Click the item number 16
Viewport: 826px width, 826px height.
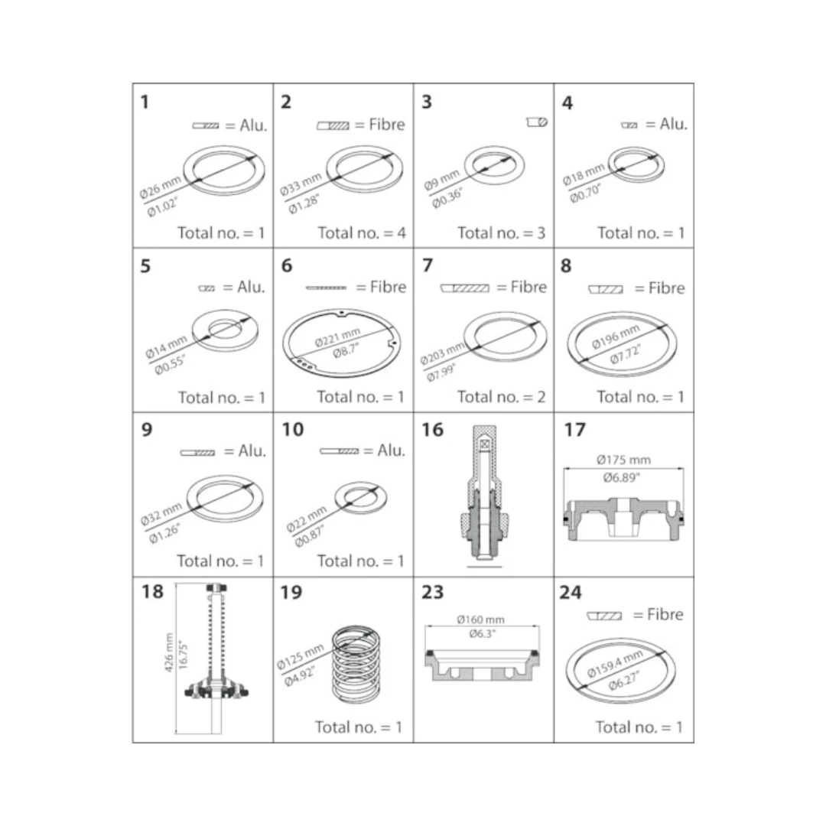tap(432, 430)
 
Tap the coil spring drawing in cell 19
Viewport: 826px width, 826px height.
tap(356, 665)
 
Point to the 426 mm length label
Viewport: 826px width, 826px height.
tap(169, 652)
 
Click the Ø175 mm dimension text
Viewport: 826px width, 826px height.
tap(624, 460)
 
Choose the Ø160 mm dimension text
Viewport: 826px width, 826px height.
tap(480, 619)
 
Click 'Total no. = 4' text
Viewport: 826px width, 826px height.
tap(362, 233)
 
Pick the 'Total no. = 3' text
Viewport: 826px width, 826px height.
tap(502, 233)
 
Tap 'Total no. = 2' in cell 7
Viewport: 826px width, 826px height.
tap(502, 397)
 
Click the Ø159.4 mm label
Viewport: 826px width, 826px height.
tap(615, 663)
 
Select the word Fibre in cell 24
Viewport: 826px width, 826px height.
tap(665, 614)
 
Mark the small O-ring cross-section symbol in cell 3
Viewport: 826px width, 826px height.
tap(538, 122)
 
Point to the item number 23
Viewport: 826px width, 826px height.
tap(432, 592)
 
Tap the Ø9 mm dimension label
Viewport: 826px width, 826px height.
tap(441, 180)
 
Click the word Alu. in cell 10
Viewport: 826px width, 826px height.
tap(392, 450)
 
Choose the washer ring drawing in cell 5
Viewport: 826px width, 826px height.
tap(225, 330)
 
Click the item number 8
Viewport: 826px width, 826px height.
tap(566, 266)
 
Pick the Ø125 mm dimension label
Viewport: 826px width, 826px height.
tap(301, 657)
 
